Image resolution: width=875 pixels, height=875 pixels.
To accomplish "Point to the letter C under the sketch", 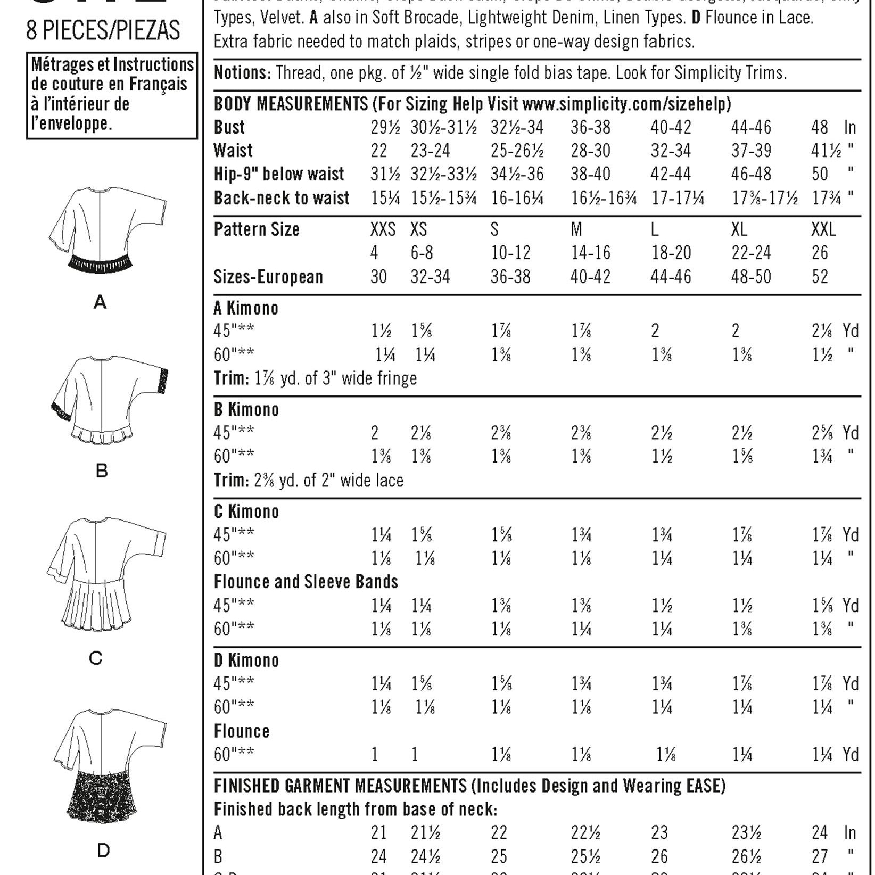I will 96,658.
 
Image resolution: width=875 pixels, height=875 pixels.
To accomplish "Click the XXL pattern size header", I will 823,229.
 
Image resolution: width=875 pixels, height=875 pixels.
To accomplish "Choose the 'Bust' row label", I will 229,128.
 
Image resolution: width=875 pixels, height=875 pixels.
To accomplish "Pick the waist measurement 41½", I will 826,151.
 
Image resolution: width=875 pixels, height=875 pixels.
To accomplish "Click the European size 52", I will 820,277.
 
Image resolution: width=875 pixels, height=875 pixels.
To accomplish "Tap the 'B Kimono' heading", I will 246,410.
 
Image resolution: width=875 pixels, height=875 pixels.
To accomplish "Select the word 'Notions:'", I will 243,73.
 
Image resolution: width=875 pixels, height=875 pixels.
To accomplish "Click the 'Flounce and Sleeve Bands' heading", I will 306,582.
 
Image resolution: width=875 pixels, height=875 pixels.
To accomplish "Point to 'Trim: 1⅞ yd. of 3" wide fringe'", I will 315,378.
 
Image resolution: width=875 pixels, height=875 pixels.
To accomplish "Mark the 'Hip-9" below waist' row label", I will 279,175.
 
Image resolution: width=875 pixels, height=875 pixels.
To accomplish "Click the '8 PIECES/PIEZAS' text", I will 103,31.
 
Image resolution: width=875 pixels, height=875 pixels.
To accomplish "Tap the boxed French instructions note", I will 112,95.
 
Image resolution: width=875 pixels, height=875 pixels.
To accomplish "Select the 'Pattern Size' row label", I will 257,229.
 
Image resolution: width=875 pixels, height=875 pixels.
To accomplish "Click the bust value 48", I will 820,128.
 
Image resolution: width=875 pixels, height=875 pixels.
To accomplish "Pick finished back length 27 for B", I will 820,856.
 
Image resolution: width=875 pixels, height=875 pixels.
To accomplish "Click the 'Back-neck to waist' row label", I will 282,198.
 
